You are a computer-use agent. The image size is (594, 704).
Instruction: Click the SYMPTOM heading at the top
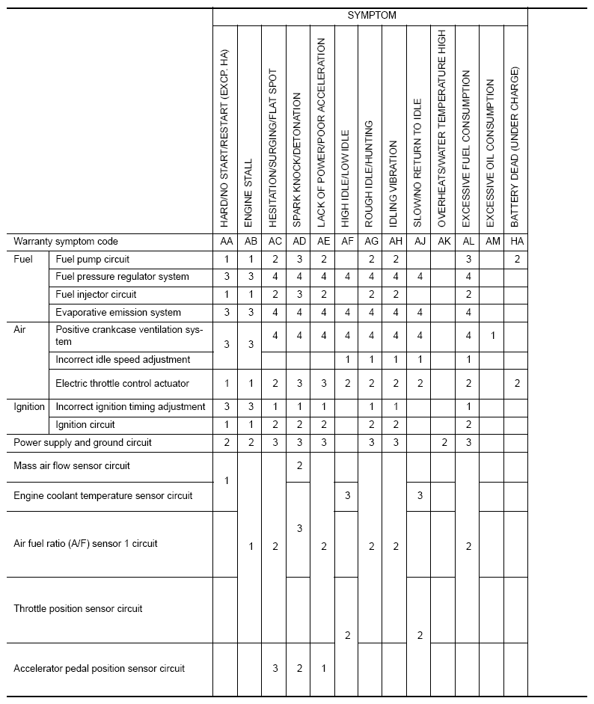[x=372, y=15]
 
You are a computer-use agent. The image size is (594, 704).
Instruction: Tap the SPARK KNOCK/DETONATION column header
[x=298, y=160]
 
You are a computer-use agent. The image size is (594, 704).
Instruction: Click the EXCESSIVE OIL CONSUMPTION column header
[x=491, y=154]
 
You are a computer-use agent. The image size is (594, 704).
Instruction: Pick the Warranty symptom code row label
[x=66, y=242]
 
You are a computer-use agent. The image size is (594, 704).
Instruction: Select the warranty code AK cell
[x=443, y=242]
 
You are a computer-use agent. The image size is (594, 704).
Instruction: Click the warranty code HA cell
[x=515, y=242]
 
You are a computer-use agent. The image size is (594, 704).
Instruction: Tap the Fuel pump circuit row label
[x=93, y=260]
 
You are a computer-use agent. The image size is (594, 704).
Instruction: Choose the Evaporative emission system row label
[x=118, y=313]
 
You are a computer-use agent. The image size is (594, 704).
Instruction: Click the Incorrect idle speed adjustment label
[x=123, y=360]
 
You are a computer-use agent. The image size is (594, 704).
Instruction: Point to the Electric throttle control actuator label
[x=123, y=384]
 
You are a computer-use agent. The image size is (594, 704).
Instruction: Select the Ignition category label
[x=30, y=407]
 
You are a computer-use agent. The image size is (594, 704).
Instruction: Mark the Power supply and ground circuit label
[x=82, y=443]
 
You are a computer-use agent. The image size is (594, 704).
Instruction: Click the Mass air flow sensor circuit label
[x=72, y=466]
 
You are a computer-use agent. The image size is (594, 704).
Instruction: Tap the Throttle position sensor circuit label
[x=78, y=609]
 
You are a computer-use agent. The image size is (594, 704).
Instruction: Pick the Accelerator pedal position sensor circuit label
[x=99, y=668]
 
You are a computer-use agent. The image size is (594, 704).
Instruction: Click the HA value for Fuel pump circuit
[x=515, y=260]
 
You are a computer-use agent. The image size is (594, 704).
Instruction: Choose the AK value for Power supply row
[x=443, y=443]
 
